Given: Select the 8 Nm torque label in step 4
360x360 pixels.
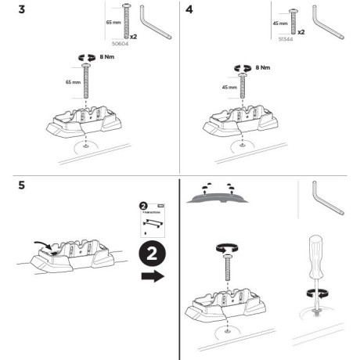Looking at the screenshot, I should pyautogui.click(x=265, y=69).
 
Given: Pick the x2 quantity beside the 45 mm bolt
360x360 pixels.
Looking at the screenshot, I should pyautogui.click(x=301, y=33).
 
